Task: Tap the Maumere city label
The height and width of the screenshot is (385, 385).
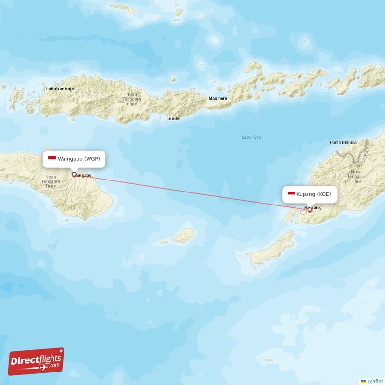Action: tap(218, 99)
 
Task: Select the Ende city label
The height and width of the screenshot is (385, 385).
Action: tap(173, 118)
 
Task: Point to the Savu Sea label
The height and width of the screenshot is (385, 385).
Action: tap(251, 137)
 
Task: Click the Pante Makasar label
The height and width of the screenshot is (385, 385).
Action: tap(343, 142)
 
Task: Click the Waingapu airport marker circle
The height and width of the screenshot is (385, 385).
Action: tap(74, 175)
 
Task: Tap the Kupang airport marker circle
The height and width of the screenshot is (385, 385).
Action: tap(310, 209)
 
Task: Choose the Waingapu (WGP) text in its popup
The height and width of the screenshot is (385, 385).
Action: tap(79, 158)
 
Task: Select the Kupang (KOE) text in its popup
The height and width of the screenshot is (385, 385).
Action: tap(314, 194)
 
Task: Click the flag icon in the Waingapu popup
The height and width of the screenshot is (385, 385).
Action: tap(52, 158)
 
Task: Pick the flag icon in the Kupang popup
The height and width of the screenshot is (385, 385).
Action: tap(291, 194)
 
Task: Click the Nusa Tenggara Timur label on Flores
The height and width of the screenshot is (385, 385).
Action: tap(131, 99)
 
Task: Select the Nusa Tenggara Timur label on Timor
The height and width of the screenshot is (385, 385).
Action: tap(357, 176)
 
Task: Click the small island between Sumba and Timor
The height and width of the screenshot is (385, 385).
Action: tap(183, 235)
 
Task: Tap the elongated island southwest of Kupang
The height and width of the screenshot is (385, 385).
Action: tap(272, 248)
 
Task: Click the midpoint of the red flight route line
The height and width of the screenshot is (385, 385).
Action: tap(192, 192)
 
